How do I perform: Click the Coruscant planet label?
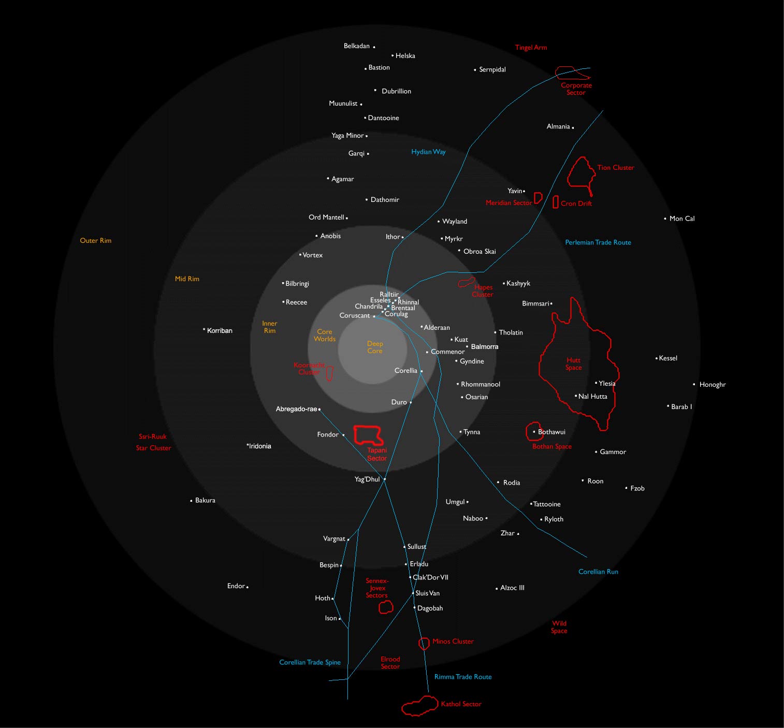pos(355,315)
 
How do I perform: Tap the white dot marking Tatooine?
pos(531,504)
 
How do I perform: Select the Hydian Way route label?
pos(428,152)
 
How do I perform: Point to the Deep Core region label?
pos(374,347)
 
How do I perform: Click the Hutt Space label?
pos(573,363)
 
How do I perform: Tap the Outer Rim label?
pos(95,240)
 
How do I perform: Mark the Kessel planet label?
pos(668,358)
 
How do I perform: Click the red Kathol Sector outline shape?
pos(403,709)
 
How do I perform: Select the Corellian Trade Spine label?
pos(310,662)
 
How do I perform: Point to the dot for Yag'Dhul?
pos(385,479)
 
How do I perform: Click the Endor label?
pos(236,586)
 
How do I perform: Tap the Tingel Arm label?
pos(531,47)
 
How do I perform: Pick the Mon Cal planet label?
pos(682,219)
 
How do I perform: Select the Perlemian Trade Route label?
pos(598,242)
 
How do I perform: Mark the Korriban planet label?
pos(220,330)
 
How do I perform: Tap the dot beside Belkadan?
pos(374,47)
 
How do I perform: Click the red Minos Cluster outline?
pos(419,644)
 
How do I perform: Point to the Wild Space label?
pos(559,627)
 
